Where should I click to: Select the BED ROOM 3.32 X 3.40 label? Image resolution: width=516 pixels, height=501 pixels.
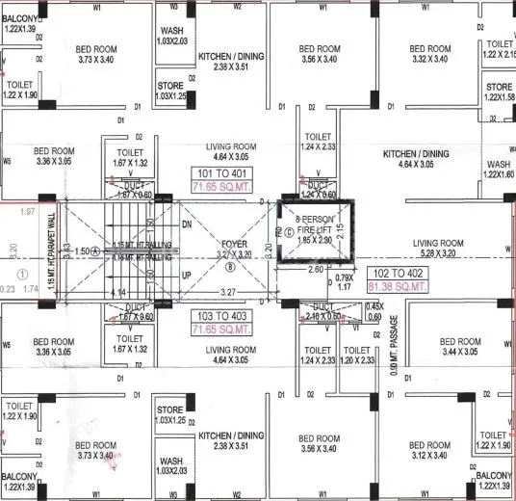click(x=429, y=54)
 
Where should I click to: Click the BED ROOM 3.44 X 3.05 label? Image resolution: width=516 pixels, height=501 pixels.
click(x=460, y=348)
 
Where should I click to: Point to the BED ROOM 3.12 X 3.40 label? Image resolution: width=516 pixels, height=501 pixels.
click(x=429, y=451)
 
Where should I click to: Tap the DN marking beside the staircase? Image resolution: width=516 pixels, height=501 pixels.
click(x=188, y=224)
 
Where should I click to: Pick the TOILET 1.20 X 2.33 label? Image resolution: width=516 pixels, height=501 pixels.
click(x=358, y=355)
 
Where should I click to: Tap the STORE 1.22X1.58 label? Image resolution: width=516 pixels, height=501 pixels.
click(x=500, y=92)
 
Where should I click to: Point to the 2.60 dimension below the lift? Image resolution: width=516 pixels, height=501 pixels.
click(x=315, y=270)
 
